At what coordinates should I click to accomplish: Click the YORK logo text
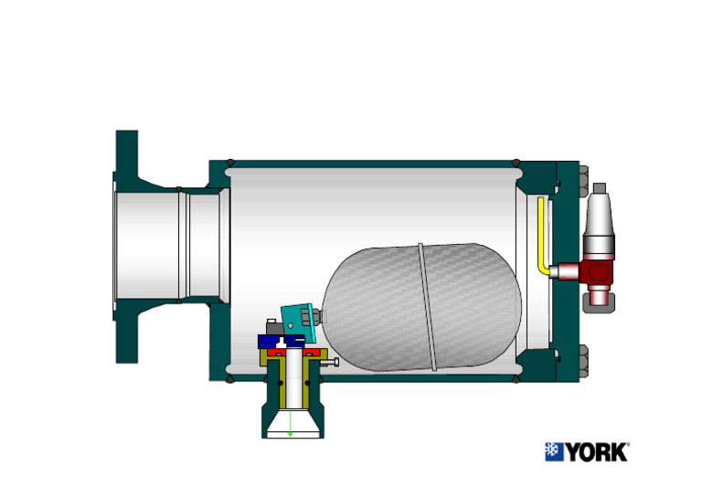(x=596, y=451)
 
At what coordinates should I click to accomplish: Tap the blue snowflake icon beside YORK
(x=554, y=451)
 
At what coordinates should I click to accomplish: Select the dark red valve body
(x=594, y=270)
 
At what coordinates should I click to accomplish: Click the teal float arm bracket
(x=297, y=319)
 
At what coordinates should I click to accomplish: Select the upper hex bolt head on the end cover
(x=583, y=183)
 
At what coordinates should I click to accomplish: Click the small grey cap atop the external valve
(x=600, y=188)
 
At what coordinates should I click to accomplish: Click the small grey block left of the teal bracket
(x=272, y=327)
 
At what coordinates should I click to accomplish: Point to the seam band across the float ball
(x=427, y=306)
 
